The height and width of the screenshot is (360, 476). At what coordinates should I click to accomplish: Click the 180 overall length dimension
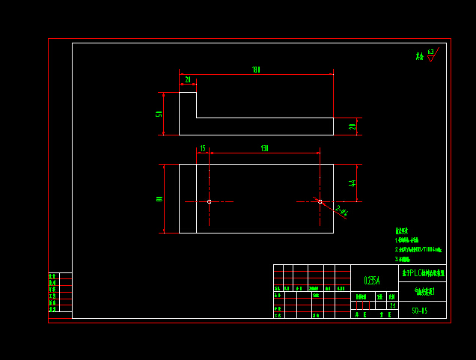coord(256,70)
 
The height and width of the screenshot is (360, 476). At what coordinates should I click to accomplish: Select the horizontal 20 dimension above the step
coord(187,79)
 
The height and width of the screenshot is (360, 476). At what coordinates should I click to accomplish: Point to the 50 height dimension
coord(159,114)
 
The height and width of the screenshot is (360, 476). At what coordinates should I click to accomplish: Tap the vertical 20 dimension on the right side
coord(353,126)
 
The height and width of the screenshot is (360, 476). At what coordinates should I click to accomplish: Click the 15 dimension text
coord(202,149)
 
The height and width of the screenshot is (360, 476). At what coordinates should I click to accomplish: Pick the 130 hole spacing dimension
coord(264,149)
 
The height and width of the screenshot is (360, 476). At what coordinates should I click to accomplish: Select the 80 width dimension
coord(159,198)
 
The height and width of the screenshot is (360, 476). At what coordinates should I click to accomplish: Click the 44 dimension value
coord(353,183)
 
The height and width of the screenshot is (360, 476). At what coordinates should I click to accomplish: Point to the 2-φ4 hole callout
coord(341,211)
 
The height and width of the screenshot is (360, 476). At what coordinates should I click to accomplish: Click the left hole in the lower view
coord(209,201)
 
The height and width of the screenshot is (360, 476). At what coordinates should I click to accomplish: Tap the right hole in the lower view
coord(320,201)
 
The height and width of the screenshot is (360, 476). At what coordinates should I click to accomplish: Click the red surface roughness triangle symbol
coord(430,58)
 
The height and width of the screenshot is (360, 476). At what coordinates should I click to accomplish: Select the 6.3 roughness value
coord(430,52)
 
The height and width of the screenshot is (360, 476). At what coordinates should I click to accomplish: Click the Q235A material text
coord(372,281)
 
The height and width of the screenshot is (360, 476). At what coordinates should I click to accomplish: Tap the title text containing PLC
coord(423,273)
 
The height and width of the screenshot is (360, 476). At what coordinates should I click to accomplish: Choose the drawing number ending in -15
coord(419,311)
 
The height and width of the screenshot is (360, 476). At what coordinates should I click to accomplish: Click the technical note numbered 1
coord(407,240)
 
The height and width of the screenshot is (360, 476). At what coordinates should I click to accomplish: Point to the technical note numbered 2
coord(418,249)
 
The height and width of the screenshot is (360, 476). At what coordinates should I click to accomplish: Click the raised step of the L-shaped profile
coord(188,105)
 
